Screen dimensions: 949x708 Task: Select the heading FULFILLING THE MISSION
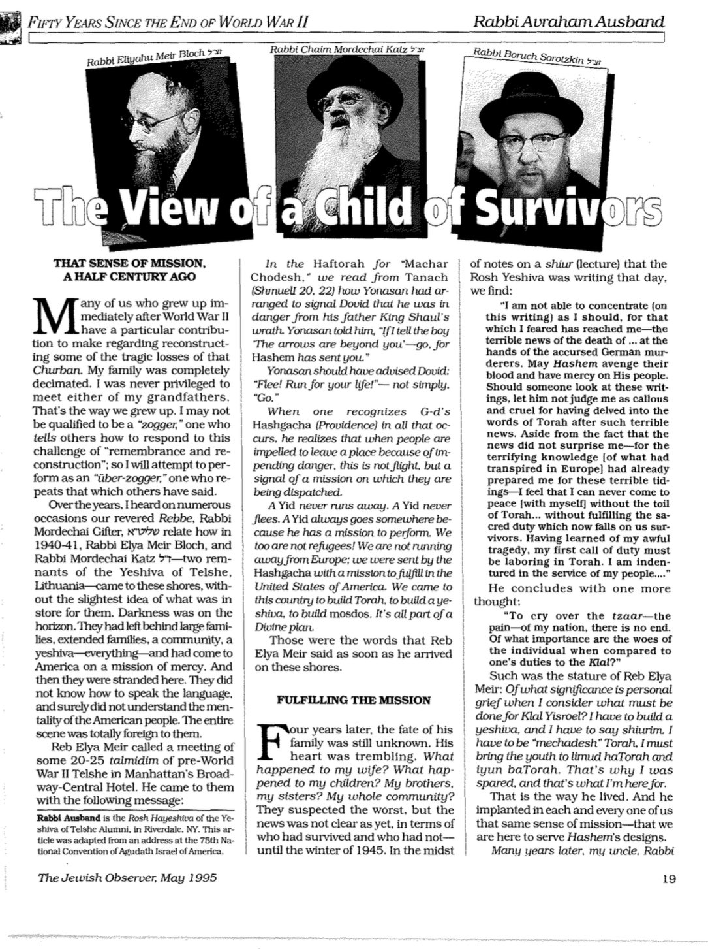pos(354,700)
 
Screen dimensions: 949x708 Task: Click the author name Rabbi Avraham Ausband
pos(570,22)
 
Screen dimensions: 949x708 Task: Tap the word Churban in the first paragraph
pos(57,370)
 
